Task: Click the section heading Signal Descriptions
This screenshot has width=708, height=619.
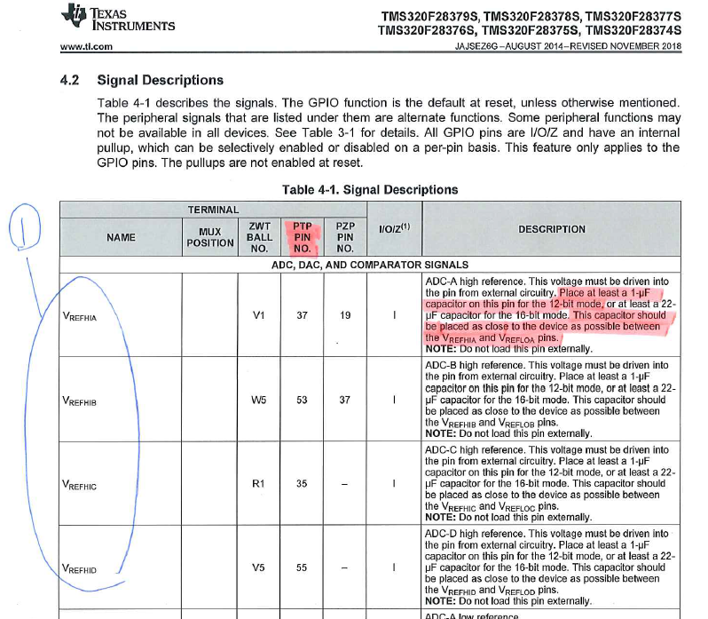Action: [160, 80]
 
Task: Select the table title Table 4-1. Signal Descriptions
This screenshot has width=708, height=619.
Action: [369, 189]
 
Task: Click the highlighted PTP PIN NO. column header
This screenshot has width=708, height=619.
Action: [302, 237]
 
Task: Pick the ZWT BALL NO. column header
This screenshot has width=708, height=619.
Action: [259, 237]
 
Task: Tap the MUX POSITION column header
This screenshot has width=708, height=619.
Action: [209, 237]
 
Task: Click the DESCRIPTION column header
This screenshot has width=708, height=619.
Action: [552, 229]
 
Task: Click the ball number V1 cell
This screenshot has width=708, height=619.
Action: [259, 314]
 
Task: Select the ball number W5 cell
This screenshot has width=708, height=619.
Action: [259, 400]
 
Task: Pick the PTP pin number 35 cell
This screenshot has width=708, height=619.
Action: [302, 484]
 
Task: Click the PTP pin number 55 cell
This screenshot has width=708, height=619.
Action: [302, 567]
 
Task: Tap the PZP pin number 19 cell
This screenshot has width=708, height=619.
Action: [346, 314]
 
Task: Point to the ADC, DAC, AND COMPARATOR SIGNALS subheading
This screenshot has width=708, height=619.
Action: [369, 265]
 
